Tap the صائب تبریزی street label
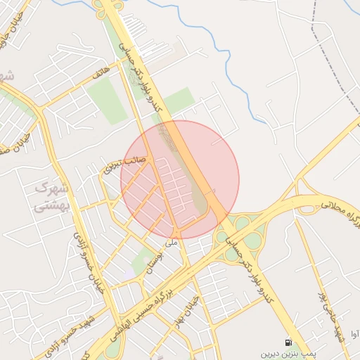[x=125, y=164]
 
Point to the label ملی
[x=171, y=243]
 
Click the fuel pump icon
[x=288, y=342]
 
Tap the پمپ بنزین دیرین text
[x=286, y=354]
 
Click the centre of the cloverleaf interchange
[x=242, y=233]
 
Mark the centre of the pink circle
[x=180, y=180]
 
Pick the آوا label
[x=354, y=335]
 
